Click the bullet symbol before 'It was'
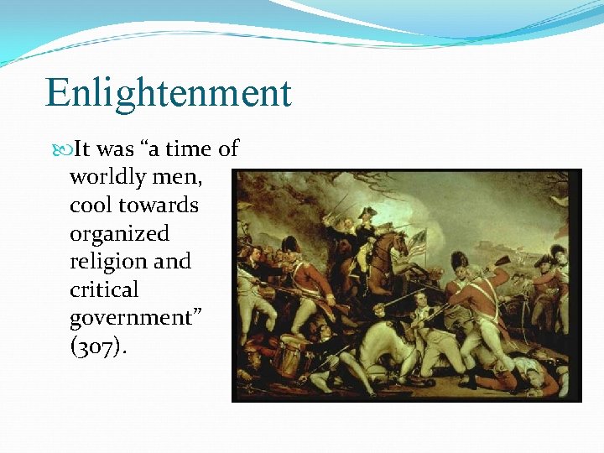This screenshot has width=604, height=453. click(67, 149)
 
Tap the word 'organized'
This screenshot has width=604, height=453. click(119, 233)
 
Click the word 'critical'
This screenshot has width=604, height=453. click(104, 289)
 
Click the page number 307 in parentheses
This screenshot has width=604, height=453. click(99, 346)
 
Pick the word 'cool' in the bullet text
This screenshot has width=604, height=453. click(91, 206)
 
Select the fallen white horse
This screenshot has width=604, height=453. click(382, 336)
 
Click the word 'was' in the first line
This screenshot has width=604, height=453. click(116, 149)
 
